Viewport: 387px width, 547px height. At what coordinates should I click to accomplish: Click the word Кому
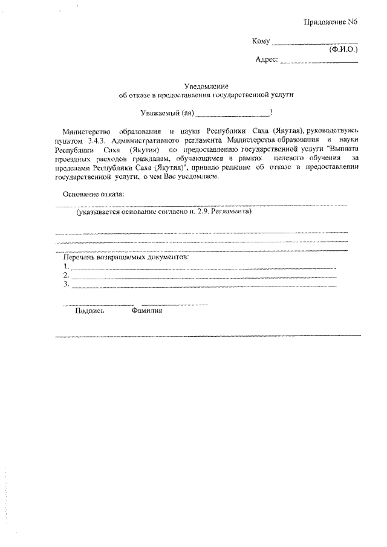click(x=260, y=42)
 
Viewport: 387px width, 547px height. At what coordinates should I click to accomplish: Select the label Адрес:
click(x=267, y=59)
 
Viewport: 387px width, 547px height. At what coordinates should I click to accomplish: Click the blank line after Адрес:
click(x=319, y=61)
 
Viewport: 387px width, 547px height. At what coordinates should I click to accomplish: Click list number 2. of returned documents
click(x=66, y=275)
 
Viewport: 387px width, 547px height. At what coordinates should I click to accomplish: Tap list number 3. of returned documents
click(x=66, y=284)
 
